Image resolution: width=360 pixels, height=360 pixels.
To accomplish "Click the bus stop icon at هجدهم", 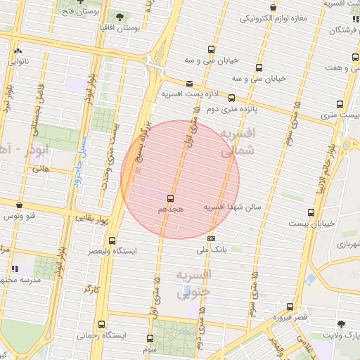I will (x=170, y=198).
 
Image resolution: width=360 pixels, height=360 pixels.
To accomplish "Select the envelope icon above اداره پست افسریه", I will (x=189, y=84).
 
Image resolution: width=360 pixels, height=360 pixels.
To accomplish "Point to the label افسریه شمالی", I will (x=237, y=141).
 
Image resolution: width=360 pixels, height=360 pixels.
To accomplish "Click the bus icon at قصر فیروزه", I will (x=290, y=307).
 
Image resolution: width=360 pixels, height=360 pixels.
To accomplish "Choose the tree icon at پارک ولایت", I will (x=341, y=324).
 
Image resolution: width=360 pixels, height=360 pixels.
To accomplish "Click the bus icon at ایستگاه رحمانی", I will (x=103, y=325).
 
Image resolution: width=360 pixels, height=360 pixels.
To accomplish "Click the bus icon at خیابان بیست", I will (x=311, y=212).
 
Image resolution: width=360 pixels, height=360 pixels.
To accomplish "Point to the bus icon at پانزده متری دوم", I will (x=231, y=99).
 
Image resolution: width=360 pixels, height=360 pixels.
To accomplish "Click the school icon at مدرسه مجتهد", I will (x=15, y=269).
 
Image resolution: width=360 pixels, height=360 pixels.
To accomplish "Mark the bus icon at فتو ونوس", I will (x=19, y=205).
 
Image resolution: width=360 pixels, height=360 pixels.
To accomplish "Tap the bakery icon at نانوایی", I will (x=18, y=51).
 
